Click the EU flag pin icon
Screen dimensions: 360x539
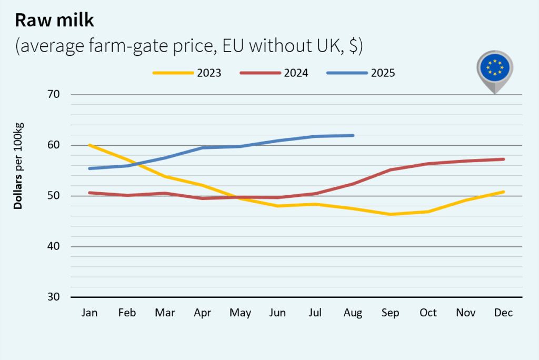point(495,68)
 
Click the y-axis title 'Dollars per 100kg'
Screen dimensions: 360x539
point(18,166)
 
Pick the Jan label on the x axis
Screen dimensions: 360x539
point(89,313)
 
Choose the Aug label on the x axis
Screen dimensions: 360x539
point(353,313)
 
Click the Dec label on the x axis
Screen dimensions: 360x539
point(503,313)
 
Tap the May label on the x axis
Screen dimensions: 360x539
point(240,313)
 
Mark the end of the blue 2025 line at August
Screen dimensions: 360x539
point(353,135)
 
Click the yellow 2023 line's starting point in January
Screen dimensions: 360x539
point(90,145)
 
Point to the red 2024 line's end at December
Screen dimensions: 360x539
point(503,159)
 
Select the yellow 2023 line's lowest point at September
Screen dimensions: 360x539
point(391,214)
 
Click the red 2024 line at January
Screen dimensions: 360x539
point(90,193)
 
